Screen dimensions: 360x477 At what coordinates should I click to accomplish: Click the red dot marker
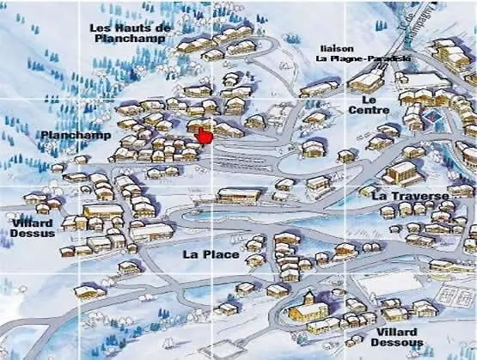[205, 137]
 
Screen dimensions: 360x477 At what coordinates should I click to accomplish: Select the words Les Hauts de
[131, 27]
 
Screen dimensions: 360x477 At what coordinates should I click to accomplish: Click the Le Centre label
[370, 104]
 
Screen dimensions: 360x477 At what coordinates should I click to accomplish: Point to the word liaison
[335, 48]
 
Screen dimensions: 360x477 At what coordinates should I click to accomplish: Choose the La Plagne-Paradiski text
[363, 59]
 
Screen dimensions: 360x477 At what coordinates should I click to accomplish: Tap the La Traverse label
[411, 196]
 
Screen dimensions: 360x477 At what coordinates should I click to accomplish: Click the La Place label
[204, 254]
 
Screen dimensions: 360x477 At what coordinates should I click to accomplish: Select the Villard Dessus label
[34, 228]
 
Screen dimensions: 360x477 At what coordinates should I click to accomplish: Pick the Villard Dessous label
[397, 337]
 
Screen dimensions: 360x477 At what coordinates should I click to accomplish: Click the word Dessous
[397, 343]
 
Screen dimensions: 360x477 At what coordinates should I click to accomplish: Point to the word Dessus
[34, 233]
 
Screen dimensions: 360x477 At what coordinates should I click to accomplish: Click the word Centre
[370, 110]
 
